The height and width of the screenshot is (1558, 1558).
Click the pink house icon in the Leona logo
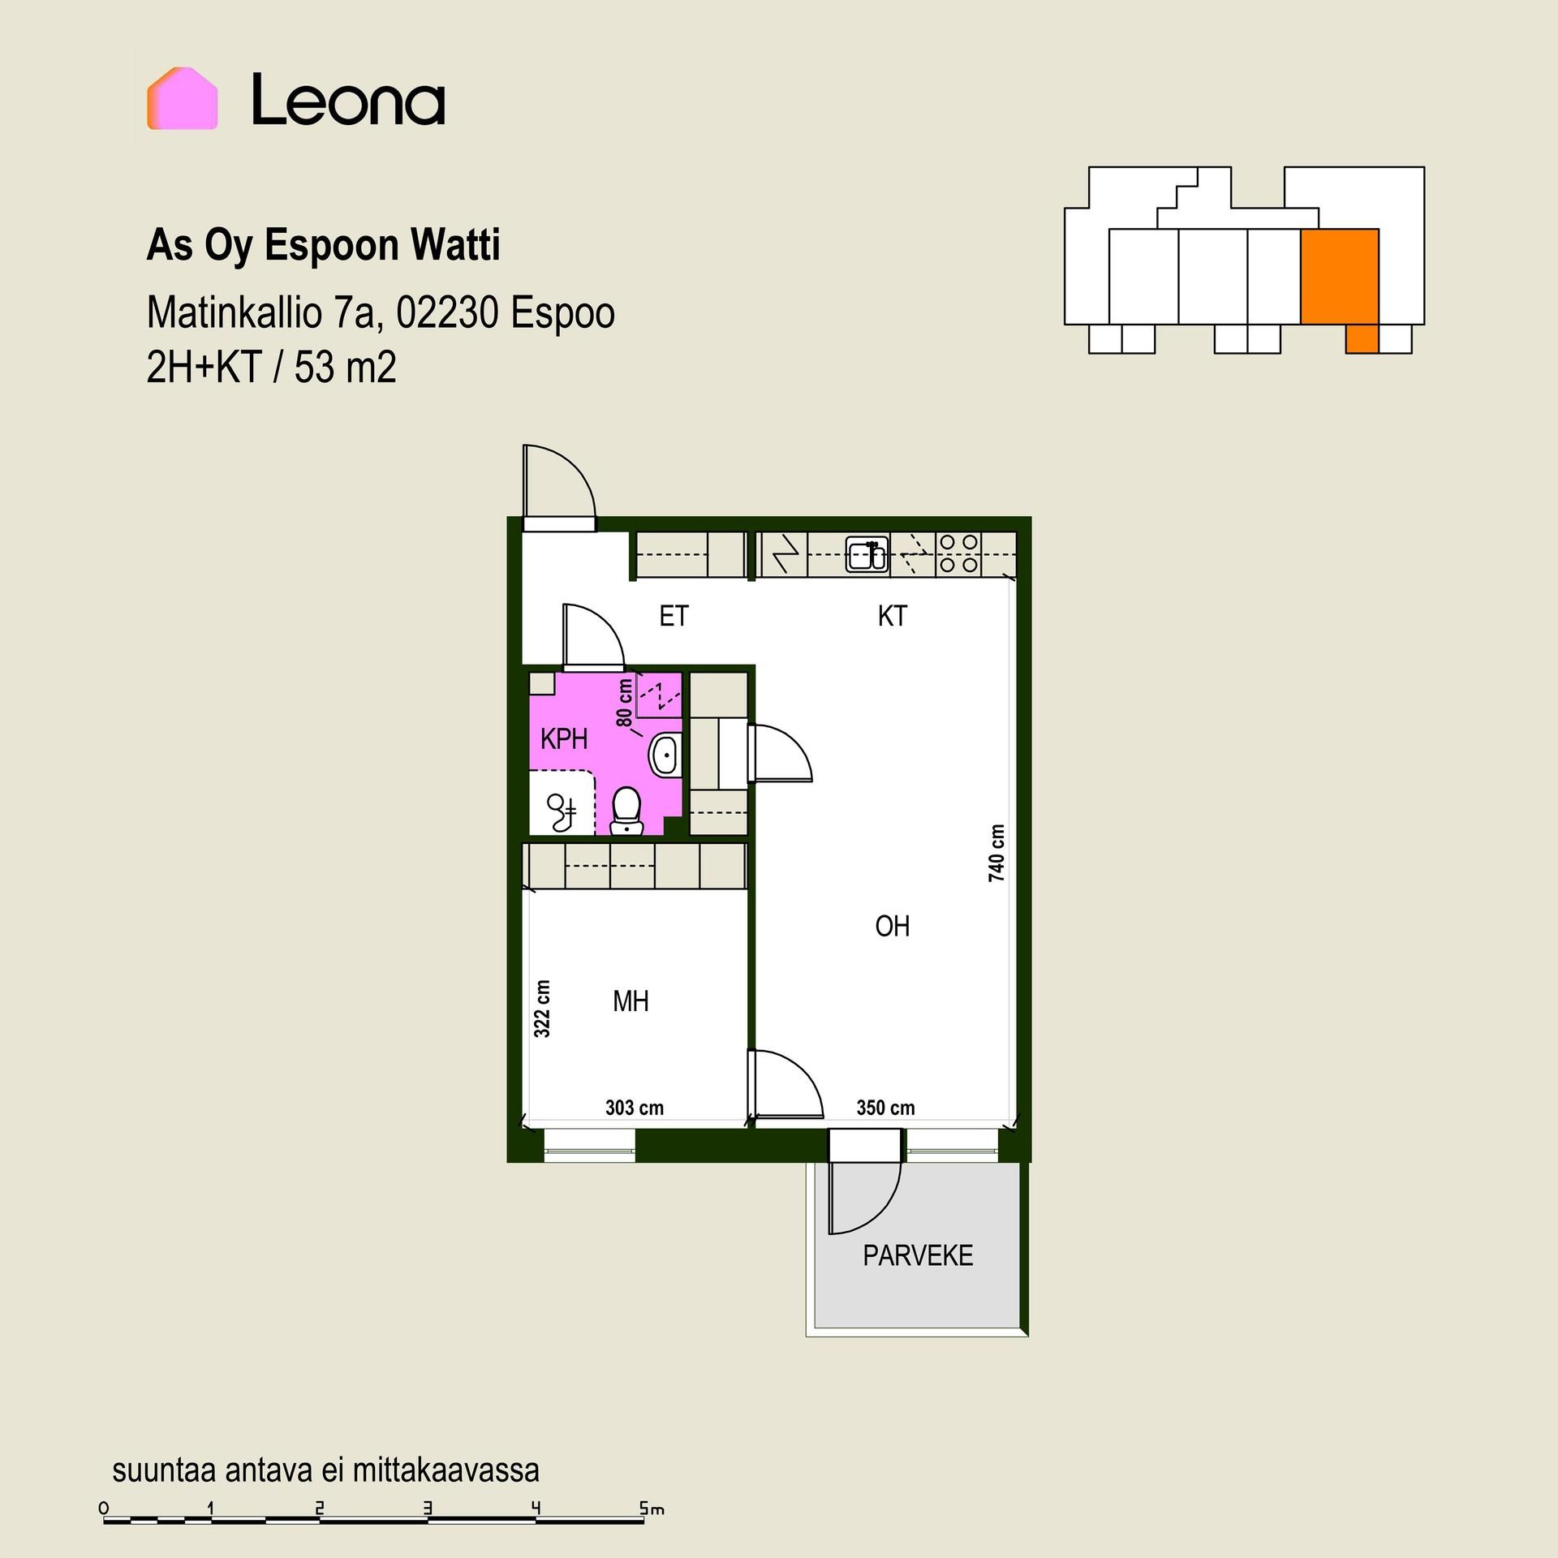click(183, 98)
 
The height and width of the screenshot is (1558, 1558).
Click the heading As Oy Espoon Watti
click(324, 246)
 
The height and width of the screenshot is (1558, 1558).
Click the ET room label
click(674, 616)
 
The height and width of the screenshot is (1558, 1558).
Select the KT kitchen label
click(892, 616)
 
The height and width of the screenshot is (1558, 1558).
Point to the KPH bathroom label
click(564, 739)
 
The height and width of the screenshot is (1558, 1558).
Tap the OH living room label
click(893, 926)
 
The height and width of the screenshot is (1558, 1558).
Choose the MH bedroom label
click(631, 1001)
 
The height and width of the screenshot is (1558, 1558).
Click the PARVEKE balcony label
click(918, 1255)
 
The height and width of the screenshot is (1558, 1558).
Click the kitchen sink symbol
click(867, 556)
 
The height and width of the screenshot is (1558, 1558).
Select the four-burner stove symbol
click(958, 554)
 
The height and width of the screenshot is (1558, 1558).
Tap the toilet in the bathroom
click(626, 811)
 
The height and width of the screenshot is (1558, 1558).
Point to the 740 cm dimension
click(996, 853)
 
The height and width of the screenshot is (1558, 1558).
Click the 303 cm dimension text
click(635, 1108)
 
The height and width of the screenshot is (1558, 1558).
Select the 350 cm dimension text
click(885, 1108)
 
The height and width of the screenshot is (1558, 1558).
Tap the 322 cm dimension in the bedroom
click(542, 1009)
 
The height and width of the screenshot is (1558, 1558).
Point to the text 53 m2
click(346, 368)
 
